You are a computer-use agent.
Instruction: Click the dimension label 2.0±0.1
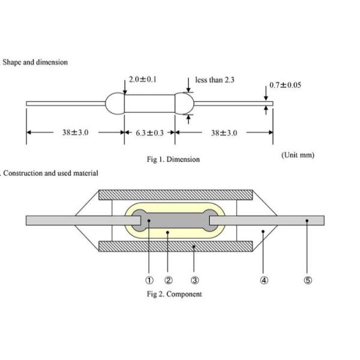click(143, 79)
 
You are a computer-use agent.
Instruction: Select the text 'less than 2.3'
click(215, 80)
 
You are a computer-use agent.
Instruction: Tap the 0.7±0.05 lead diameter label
click(285, 85)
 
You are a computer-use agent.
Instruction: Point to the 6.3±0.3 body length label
click(149, 133)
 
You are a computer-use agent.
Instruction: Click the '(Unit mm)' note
click(298, 155)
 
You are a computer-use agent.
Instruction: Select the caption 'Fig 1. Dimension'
click(173, 160)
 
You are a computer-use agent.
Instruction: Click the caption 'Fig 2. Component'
click(175, 294)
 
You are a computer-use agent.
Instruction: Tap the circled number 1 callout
click(149, 280)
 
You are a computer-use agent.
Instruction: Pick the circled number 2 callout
click(168, 280)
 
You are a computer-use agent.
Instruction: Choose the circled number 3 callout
click(194, 280)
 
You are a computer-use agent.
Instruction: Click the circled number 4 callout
click(264, 280)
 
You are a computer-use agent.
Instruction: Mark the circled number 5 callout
click(308, 280)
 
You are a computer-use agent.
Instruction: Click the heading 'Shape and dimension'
click(35, 62)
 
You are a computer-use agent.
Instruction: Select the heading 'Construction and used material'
click(50, 173)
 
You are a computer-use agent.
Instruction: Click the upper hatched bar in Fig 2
click(176, 195)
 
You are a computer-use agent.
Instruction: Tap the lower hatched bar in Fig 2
click(176, 247)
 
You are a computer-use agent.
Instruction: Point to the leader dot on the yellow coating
click(167, 233)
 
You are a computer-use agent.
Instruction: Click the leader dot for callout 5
click(307, 221)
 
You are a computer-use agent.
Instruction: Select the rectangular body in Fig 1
click(149, 104)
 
